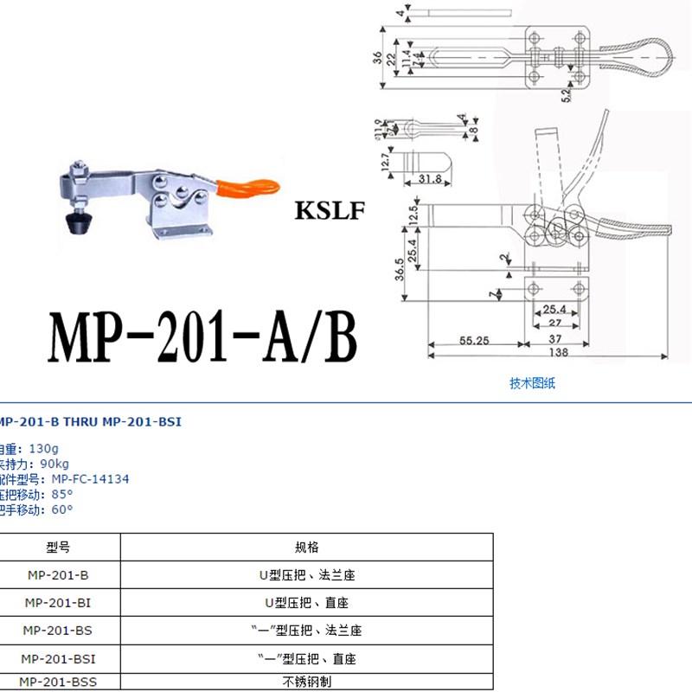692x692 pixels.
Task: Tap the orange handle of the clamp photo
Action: click(x=252, y=187)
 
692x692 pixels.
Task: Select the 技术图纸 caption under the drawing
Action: click(x=533, y=384)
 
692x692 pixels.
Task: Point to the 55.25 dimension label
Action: click(x=473, y=341)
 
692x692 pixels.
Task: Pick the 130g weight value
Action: click(x=43, y=449)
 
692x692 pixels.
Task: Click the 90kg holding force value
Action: click(x=54, y=464)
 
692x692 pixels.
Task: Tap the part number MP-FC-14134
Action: click(x=90, y=478)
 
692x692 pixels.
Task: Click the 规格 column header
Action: click(x=307, y=548)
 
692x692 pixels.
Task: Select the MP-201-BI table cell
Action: click(x=57, y=602)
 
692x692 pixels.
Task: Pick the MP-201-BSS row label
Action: click(x=57, y=682)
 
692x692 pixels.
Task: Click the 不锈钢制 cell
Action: click(x=307, y=682)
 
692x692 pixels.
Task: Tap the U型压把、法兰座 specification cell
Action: click(x=307, y=574)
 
